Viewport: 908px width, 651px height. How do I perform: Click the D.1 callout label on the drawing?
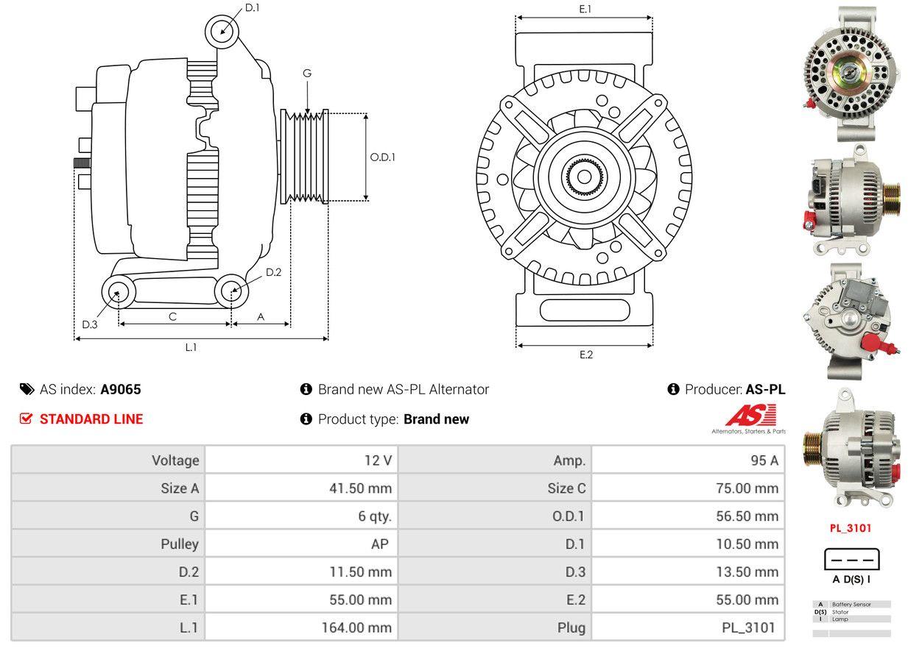pos(253,7)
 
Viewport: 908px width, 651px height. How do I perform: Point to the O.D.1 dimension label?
pos(382,157)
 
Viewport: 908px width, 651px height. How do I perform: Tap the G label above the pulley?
pos(306,73)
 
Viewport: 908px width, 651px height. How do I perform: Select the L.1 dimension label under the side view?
pos(191,347)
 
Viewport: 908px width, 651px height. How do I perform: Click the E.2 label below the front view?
pos(585,355)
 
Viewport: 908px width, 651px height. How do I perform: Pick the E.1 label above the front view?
pos(585,9)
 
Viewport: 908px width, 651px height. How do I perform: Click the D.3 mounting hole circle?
pos(117,294)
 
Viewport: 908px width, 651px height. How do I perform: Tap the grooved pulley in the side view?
pos(304,157)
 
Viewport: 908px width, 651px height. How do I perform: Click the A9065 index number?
pos(121,390)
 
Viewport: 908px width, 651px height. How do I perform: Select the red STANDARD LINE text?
pos(91,419)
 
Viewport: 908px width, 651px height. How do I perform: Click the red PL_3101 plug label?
pos(851,528)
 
